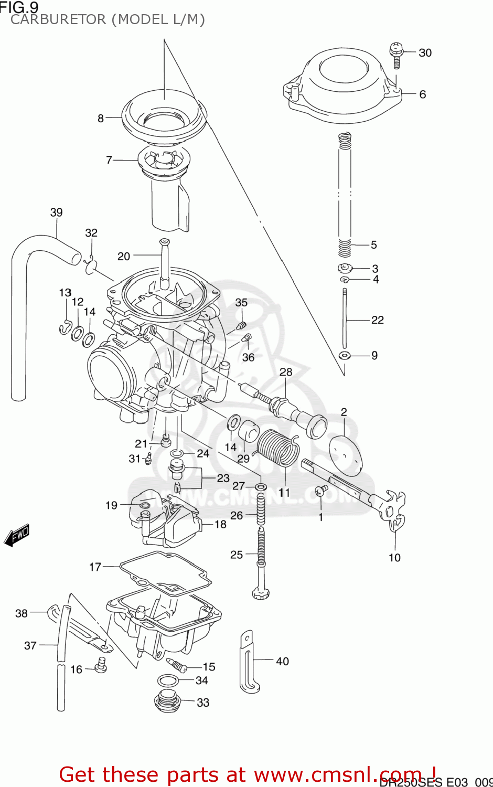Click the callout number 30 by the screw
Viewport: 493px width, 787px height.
click(x=425, y=53)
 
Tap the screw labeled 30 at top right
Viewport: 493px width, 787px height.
click(x=396, y=55)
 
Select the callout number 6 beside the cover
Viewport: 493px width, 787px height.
click(x=422, y=95)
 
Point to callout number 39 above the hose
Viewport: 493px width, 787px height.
click(x=56, y=212)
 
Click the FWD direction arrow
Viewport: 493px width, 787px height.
click(x=17, y=535)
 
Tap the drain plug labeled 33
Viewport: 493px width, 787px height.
click(x=167, y=701)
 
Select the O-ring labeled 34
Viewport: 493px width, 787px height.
click(x=167, y=681)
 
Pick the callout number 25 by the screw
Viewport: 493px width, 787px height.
click(x=237, y=555)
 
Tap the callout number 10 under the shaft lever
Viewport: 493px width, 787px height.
click(x=394, y=558)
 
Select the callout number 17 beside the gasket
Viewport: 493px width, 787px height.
click(x=95, y=567)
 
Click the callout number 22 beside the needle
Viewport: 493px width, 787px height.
click(x=377, y=320)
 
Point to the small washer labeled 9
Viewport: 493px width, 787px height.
click(x=345, y=356)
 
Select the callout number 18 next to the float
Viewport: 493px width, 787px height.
click(x=220, y=525)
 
